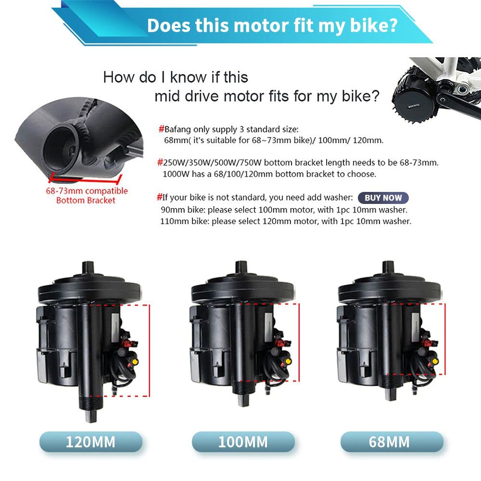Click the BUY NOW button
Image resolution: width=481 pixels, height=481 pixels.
point(383,198)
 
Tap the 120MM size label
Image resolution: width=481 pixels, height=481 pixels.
point(91,442)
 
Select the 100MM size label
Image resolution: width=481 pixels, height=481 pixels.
point(243,442)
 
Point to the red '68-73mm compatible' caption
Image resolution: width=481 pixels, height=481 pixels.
point(87,191)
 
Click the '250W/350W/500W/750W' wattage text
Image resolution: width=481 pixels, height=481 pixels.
point(212,163)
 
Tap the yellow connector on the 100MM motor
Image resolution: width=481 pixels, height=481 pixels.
point(288,361)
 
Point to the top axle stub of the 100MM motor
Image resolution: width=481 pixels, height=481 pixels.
point(241,266)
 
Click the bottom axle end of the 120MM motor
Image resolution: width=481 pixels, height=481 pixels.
point(91,417)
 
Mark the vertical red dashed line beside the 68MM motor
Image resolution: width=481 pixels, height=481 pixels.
point(445,339)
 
